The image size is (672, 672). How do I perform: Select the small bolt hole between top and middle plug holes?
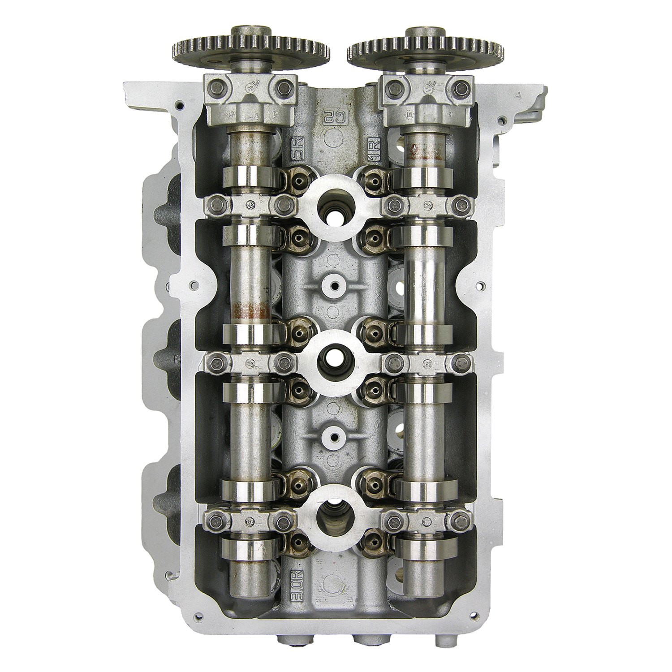point(334,284)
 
